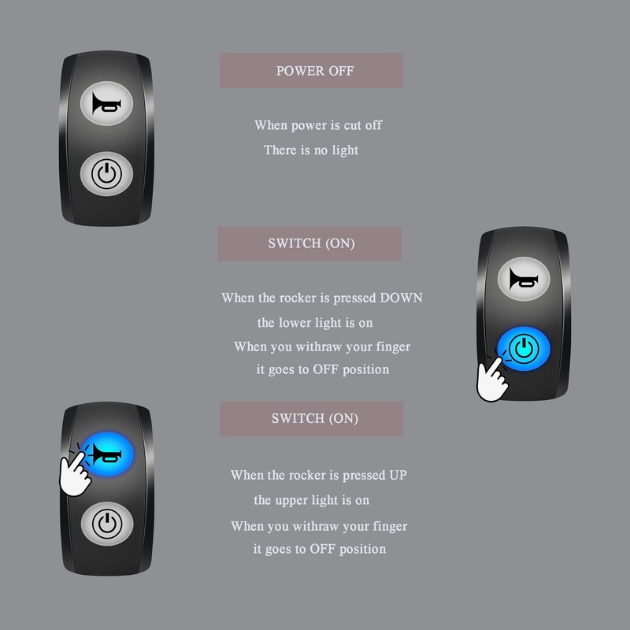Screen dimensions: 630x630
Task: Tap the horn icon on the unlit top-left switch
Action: tap(107, 103)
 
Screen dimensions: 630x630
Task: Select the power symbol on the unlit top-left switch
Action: tap(107, 172)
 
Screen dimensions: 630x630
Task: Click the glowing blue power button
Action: tap(523, 348)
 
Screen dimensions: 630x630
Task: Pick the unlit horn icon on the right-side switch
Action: tap(523, 280)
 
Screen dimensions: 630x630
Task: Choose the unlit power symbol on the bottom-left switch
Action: tap(107, 521)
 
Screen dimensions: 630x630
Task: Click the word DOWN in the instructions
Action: tap(401, 298)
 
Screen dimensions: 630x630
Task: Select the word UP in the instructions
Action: tap(398, 476)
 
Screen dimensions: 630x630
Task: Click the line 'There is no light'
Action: tap(311, 150)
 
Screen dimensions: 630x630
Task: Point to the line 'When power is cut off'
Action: tap(318, 125)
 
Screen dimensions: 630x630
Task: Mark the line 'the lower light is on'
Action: tap(315, 323)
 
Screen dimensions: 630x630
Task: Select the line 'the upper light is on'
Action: tap(311, 500)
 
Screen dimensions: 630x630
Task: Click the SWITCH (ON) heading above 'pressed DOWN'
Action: tap(311, 243)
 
